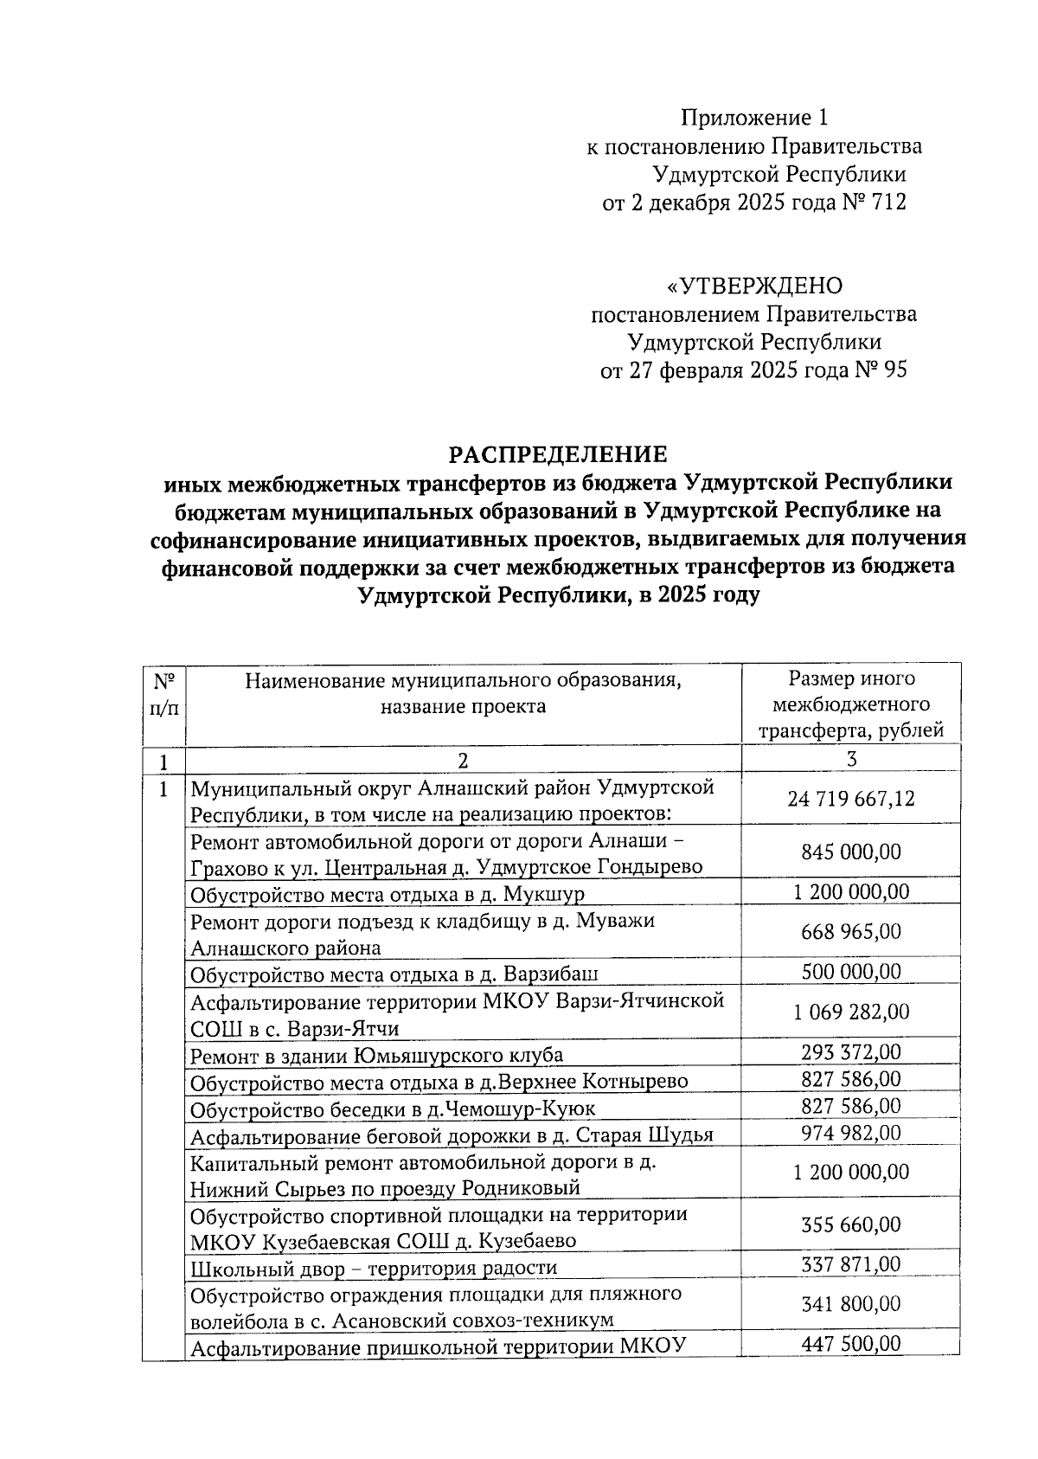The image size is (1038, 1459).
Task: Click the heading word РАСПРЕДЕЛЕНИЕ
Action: pyautogui.click(x=557, y=453)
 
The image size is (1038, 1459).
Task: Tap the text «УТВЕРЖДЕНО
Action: pyautogui.click(x=753, y=286)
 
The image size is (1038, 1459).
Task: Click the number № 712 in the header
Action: pyautogui.click(x=874, y=202)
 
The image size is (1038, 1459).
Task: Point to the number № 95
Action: pyautogui.click(x=881, y=370)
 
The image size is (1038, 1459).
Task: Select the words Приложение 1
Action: pyautogui.click(x=754, y=118)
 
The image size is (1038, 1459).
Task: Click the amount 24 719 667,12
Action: pyautogui.click(x=851, y=799)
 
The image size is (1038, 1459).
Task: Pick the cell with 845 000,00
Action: pyautogui.click(x=851, y=852)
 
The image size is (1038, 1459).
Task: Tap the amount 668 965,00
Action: pyautogui.click(x=851, y=932)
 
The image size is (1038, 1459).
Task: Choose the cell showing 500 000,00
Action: pyautogui.click(x=851, y=971)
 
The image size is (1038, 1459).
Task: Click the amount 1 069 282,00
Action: pyautogui.click(x=851, y=1012)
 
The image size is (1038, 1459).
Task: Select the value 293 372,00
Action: pyautogui.click(x=851, y=1052)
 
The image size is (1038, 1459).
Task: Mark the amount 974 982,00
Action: pyautogui.click(x=851, y=1133)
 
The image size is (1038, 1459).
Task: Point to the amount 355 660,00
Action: pyautogui.click(x=851, y=1224)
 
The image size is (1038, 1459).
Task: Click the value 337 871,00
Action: pyautogui.click(x=851, y=1264)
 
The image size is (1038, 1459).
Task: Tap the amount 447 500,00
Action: pyautogui.click(x=851, y=1343)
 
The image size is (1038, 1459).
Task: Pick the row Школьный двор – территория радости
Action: pyautogui.click(x=374, y=1268)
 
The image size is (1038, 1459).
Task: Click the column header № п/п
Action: pyautogui.click(x=163, y=694)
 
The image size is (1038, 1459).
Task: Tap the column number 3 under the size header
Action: pyautogui.click(x=851, y=759)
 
